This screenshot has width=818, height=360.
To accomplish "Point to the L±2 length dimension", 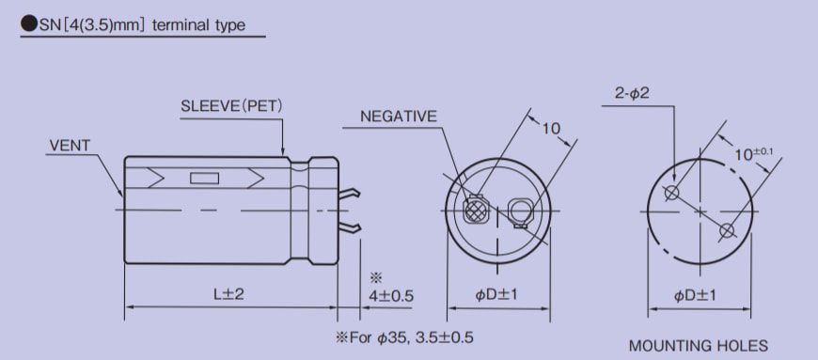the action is point(228,294).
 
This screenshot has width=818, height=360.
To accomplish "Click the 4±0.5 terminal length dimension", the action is point(389,295).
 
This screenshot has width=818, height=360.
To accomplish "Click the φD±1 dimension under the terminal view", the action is point(496,295).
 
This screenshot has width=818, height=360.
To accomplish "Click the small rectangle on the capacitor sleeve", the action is point(204,178).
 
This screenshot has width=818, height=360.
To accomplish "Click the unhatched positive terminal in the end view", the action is point(518,211).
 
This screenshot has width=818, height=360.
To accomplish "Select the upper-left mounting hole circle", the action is point(671,194).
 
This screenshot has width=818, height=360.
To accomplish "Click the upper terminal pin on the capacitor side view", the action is point(350,194).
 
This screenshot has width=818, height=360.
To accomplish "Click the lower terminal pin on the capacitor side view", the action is point(350,228).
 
